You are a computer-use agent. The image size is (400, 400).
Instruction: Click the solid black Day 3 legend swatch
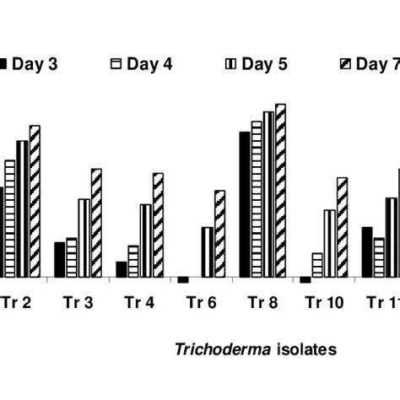[x=5, y=64]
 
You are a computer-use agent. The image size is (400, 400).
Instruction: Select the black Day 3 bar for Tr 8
[x=245, y=204]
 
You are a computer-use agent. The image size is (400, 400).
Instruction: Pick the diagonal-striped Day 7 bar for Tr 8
[x=281, y=190]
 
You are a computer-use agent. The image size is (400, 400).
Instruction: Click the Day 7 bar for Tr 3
[x=96, y=223]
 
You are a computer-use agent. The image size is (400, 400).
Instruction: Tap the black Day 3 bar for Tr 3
[x=59, y=259]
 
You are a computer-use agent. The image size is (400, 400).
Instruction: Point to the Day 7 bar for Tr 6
[x=219, y=234]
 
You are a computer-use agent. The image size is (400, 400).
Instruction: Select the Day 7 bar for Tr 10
[x=342, y=227]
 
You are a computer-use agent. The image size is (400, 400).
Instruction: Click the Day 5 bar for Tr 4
[x=145, y=241]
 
